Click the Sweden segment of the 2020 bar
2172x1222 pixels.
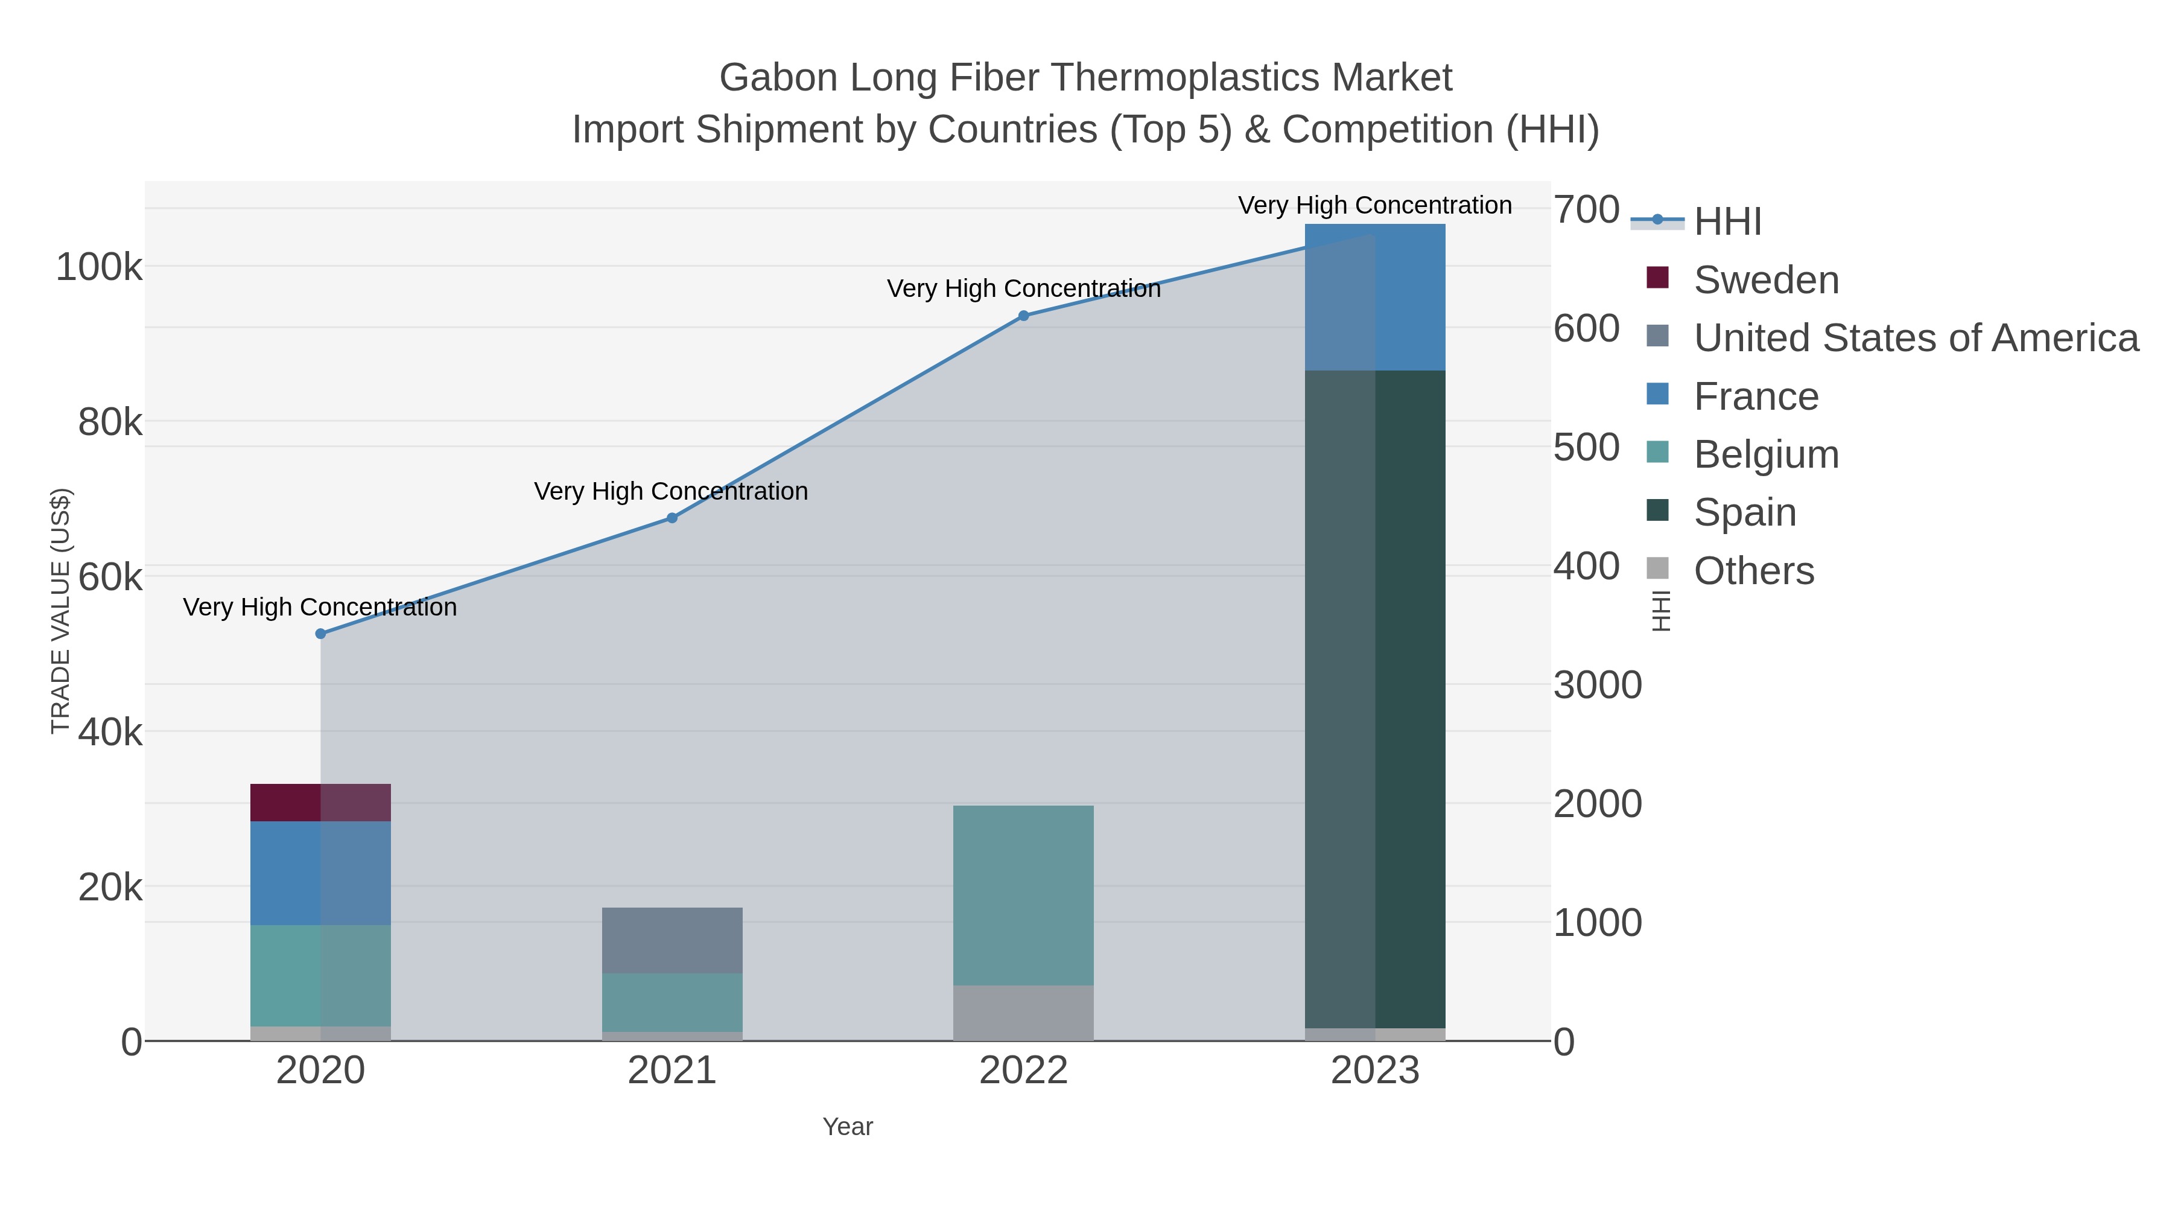(320, 802)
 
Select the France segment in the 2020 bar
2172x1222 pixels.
(320, 873)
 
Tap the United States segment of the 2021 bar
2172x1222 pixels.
(672, 940)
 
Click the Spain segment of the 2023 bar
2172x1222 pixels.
(1374, 698)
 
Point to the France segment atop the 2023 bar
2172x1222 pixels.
(1374, 297)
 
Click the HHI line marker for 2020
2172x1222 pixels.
(320, 634)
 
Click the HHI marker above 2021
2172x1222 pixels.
(672, 518)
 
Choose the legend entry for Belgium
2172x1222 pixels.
(1765, 454)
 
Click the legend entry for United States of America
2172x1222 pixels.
(1915, 338)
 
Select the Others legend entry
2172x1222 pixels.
(1753, 571)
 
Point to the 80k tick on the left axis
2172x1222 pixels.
(110, 422)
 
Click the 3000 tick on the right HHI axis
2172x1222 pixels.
(1597, 685)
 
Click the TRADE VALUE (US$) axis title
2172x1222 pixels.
(61, 611)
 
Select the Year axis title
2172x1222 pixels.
(848, 1127)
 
